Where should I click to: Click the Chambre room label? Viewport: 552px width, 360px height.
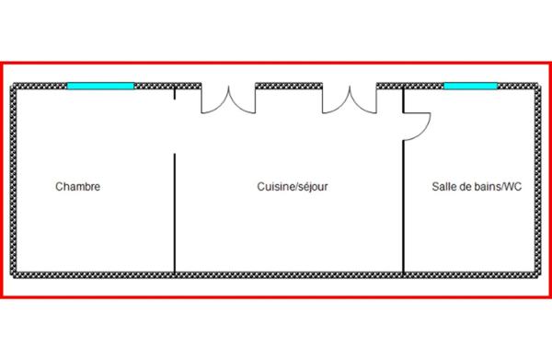(78, 186)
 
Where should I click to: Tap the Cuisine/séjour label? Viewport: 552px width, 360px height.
(293, 186)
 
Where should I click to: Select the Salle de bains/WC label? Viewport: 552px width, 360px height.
(477, 186)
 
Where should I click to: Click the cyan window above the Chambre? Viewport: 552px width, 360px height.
(100, 86)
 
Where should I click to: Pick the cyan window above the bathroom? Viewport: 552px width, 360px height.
(471, 86)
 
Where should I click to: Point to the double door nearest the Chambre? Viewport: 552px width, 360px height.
(228, 100)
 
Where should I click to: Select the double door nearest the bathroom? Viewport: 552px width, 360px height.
(350, 100)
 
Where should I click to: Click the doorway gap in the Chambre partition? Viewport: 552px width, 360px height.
(175, 127)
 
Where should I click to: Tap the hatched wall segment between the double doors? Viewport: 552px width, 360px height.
(289, 86)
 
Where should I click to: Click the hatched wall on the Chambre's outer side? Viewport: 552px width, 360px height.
(14, 180)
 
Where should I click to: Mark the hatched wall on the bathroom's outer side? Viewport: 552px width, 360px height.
(538, 180)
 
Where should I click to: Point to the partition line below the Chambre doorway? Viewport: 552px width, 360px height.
(175, 213)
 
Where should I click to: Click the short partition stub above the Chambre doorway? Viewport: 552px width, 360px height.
(175, 95)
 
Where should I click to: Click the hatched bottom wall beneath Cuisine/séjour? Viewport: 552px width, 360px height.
(289, 275)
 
